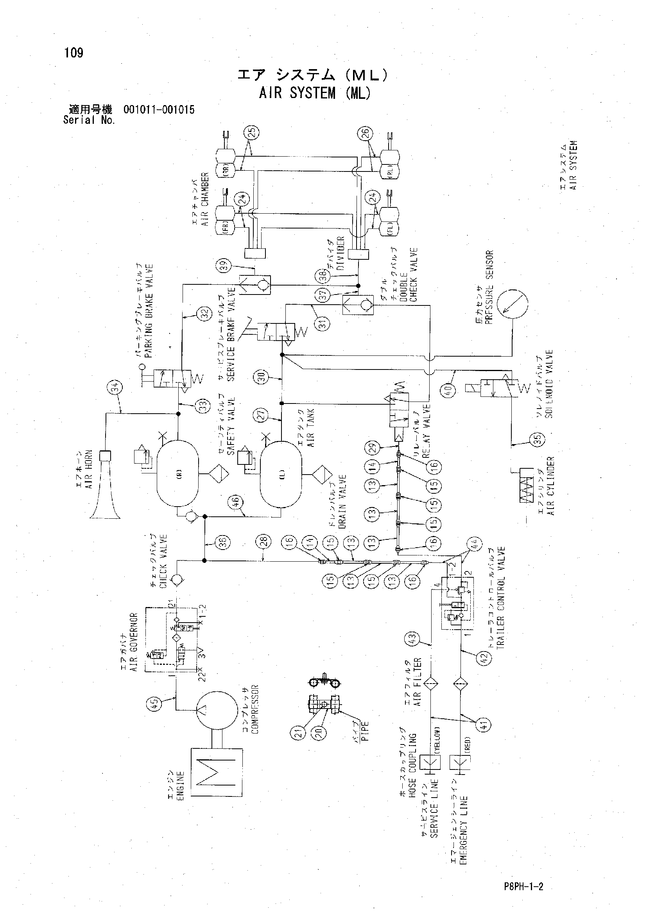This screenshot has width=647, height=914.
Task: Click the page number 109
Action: [x=74, y=53]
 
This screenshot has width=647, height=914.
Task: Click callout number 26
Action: [x=366, y=134]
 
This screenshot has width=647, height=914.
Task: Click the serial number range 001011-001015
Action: [x=159, y=110]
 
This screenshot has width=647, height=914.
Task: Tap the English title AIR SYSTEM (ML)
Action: [x=315, y=93]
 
